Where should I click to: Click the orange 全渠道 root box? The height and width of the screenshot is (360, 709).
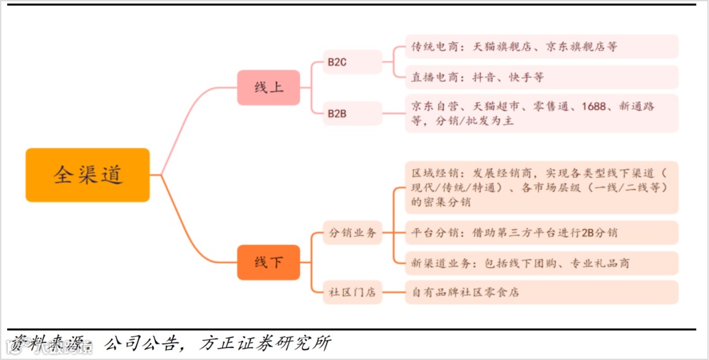[88, 175]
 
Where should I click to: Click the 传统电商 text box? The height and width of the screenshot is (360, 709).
[541, 47]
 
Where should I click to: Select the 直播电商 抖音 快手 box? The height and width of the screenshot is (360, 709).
[541, 77]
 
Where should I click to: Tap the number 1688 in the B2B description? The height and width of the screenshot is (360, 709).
[593, 106]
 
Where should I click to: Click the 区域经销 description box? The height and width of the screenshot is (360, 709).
[541, 187]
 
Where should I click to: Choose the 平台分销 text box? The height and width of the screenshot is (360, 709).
[541, 232]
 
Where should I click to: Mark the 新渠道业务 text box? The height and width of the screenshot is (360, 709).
[541, 263]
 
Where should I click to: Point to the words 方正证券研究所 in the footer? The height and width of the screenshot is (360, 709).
[265, 344]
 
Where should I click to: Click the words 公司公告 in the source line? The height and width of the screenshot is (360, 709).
[138, 344]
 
